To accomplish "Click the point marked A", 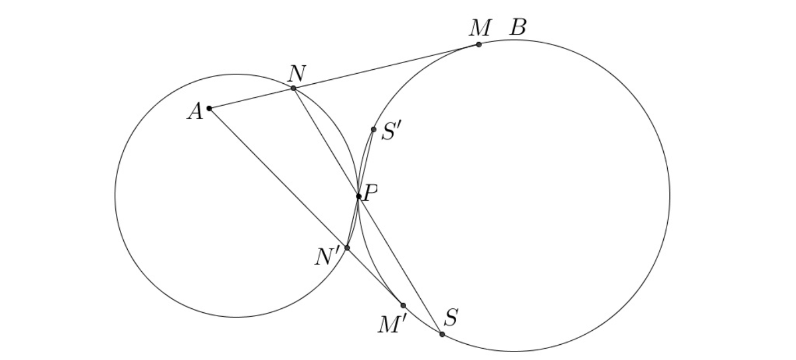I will coord(209,108).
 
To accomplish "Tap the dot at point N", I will coord(294,88).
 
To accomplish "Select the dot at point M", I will coord(479,44).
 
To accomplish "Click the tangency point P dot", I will coord(358,196).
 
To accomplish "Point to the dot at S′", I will coord(374,129).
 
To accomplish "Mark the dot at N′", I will coord(347,247).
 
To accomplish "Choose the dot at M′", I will coord(403,305).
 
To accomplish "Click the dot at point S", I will coord(442,334).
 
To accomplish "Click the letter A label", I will coord(195,112).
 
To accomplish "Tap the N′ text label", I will coord(327,257).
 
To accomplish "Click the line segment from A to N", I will coord(251,98).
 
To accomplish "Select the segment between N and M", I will coord(386,66).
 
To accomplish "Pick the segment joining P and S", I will coord(400,265).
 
